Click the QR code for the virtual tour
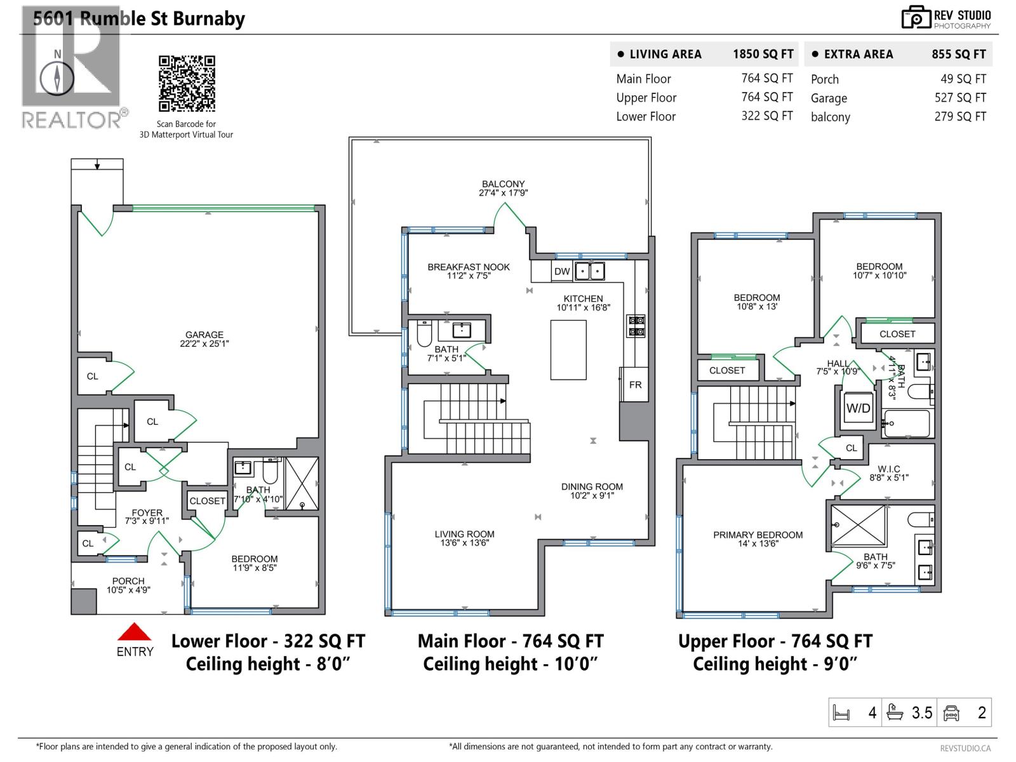[x=187, y=83]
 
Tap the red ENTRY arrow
[x=134, y=632]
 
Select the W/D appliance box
[x=858, y=408]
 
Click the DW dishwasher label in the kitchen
[x=561, y=272]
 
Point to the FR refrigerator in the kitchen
[x=634, y=384]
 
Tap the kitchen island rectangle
[x=568, y=350]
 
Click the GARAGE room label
[x=204, y=335]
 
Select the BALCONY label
[x=503, y=184]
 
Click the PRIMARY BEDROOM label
[x=758, y=535]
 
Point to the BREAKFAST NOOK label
[x=469, y=267]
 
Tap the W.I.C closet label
[x=889, y=469]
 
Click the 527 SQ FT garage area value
[x=960, y=98]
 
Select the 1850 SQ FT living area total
[x=763, y=54]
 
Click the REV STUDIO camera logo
[x=916, y=18]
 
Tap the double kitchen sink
[x=590, y=271]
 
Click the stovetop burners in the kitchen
[x=636, y=326]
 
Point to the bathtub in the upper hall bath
[x=906, y=424]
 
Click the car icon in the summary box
[x=951, y=712]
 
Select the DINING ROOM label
[x=592, y=486]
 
